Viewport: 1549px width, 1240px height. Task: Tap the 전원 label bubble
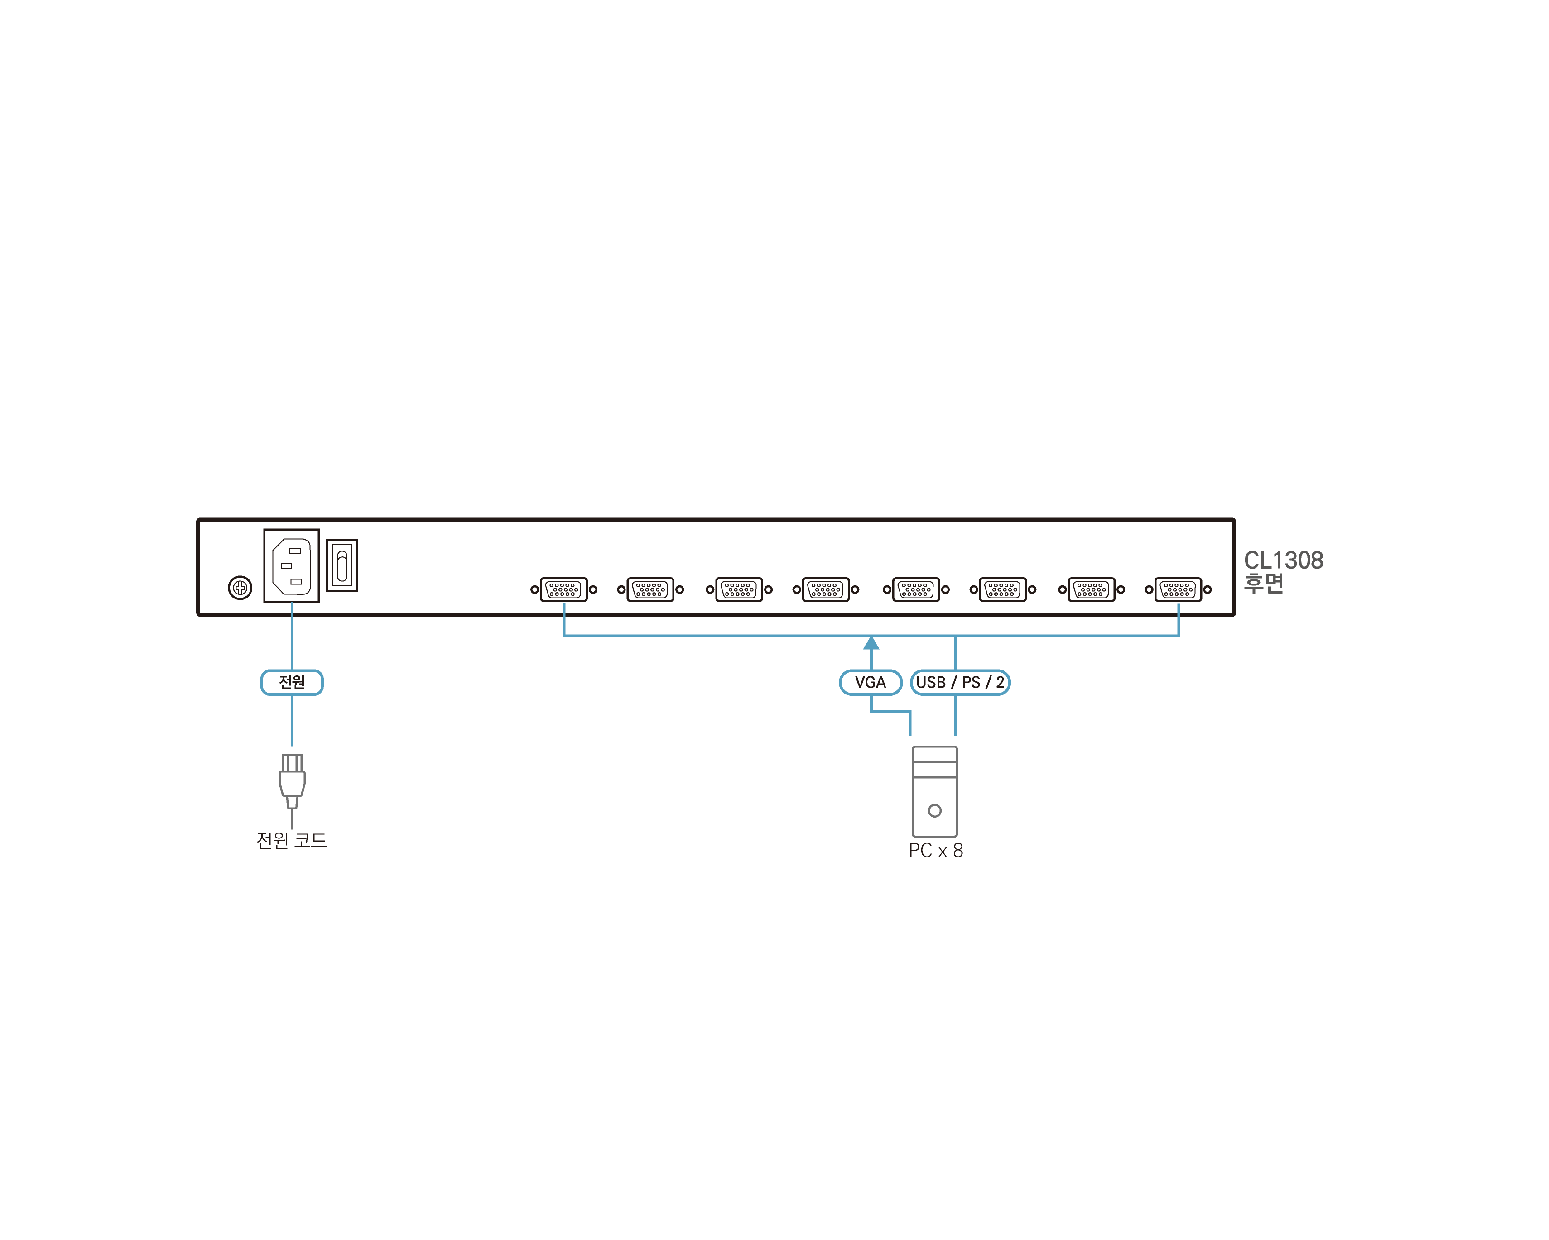tap(292, 682)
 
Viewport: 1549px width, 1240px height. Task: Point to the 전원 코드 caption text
tap(292, 840)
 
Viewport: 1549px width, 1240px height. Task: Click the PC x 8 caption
tap(935, 851)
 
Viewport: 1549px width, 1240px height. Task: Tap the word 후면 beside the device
tap(1264, 584)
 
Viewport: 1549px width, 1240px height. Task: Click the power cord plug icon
tap(292, 782)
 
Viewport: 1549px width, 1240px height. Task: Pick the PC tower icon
tap(935, 791)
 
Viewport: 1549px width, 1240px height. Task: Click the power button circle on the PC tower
tap(935, 811)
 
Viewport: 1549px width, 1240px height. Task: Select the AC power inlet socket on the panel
tap(292, 566)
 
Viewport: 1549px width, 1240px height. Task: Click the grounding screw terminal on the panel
tap(240, 588)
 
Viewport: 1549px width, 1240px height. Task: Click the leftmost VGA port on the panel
tap(564, 589)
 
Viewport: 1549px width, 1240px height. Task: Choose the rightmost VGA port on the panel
tap(1178, 589)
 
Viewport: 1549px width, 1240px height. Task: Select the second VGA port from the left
tap(650, 589)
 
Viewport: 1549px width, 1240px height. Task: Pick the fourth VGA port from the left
tap(826, 589)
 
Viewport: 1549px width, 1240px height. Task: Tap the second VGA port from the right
tap(1092, 589)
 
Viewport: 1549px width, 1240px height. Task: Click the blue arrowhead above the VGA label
tap(871, 642)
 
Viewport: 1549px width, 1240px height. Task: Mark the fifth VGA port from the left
tap(916, 589)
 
